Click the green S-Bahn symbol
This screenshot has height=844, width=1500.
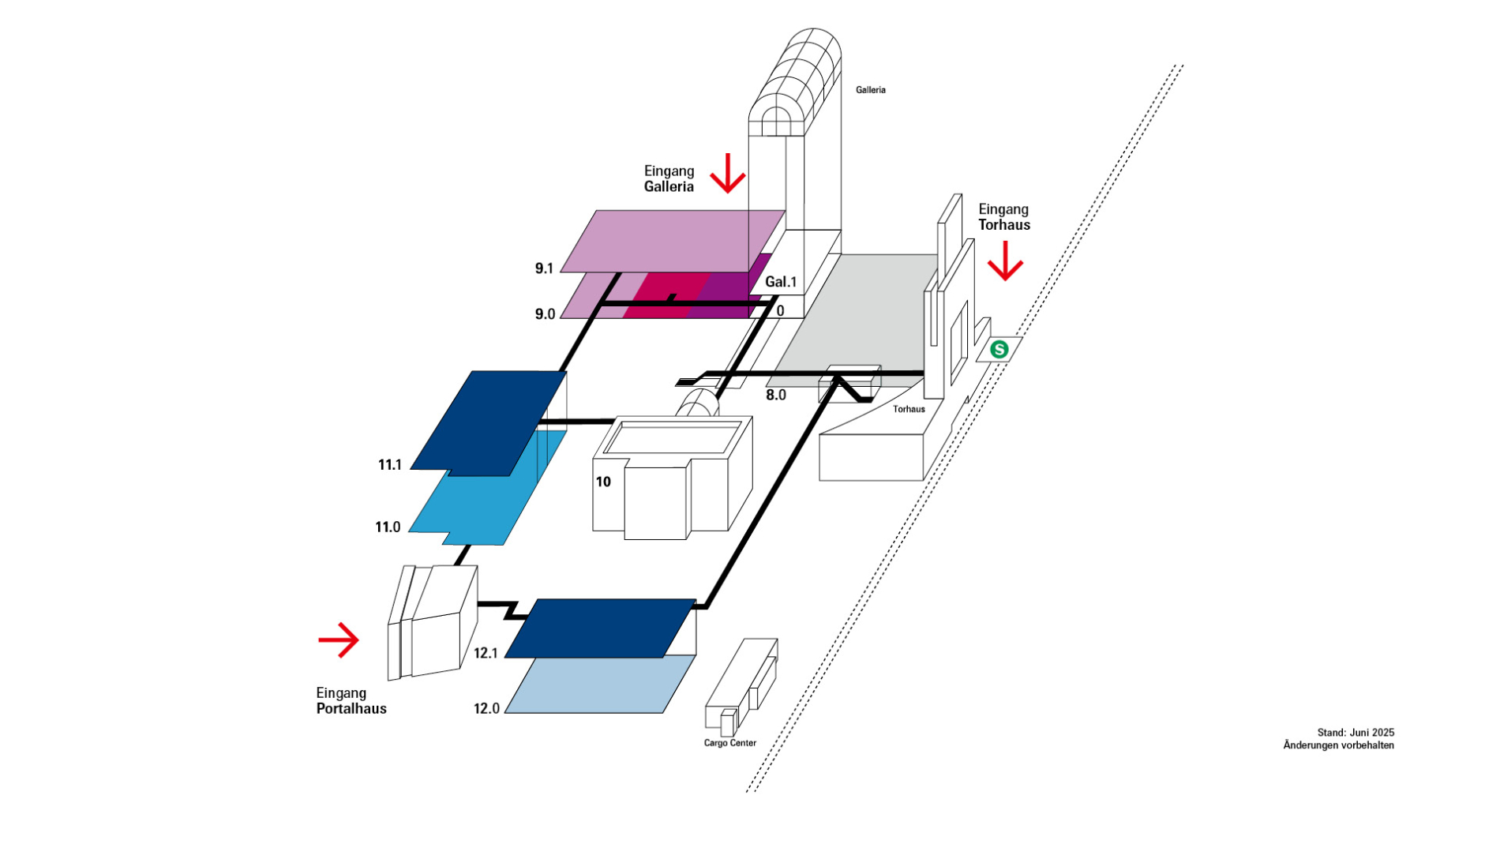tap(999, 349)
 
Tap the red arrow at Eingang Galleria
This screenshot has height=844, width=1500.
tap(727, 174)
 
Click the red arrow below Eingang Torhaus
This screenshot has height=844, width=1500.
tap(1005, 261)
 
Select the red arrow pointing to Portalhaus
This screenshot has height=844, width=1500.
tap(339, 640)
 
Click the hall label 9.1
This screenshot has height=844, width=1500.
tap(544, 268)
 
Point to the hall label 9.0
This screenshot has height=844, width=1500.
tap(545, 314)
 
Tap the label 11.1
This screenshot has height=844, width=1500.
tap(390, 465)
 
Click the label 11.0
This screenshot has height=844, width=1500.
tap(388, 527)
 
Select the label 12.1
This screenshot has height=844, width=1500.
tap(486, 654)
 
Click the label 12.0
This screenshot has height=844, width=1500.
tap(486, 709)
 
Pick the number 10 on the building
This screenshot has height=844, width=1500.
tap(603, 482)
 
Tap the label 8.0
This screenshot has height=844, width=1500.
tap(776, 395)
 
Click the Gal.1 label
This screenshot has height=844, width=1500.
tap(781, 282)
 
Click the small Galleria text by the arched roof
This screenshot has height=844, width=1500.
tap(871, 90)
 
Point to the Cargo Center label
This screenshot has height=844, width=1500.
tap(730, 743)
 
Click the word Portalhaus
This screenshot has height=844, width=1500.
tap(351, 709)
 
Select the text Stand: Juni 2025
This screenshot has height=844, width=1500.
tap(1356, 733)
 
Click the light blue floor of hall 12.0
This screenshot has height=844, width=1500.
tap(600, 685)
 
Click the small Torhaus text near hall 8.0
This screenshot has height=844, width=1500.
tap(909, 409)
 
